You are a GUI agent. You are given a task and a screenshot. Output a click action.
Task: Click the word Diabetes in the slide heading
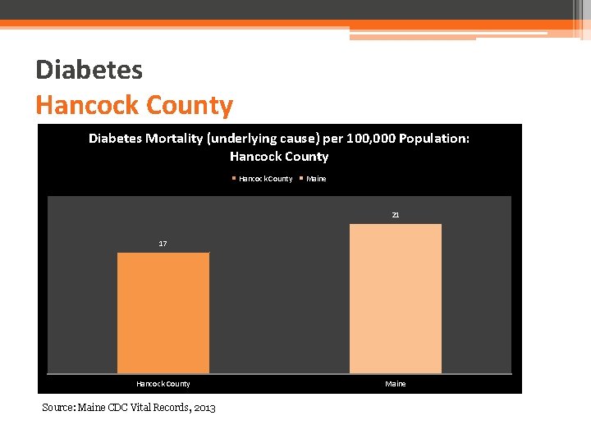tap(89, 70)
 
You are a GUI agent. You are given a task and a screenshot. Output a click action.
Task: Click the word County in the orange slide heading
tap(189, 105)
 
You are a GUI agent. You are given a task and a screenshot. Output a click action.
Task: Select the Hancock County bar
tap(163, 313)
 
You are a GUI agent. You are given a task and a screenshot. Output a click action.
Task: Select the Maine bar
tap(395, 299)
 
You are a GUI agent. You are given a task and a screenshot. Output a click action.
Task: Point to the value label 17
tap(163, 244)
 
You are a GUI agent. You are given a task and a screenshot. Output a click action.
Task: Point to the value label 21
tap(395, 215)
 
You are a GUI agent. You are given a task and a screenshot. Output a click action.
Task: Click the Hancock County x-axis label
tap(163, 384)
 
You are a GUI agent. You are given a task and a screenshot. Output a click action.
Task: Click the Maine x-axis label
tap(395, 384)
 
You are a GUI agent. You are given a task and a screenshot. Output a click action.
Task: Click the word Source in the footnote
tap(58, 408)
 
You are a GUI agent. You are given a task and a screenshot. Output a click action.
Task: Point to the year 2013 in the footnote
tap(204, 408)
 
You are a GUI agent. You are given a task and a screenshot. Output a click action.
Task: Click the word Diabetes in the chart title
tap(116, 139)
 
